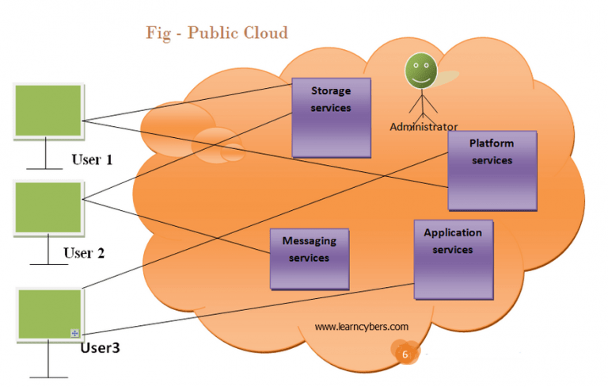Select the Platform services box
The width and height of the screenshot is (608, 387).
point(492,170)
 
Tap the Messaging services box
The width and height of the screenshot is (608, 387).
point(310,259)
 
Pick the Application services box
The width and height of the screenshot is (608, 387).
point(453,259)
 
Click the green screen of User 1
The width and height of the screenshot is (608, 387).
point(48,111)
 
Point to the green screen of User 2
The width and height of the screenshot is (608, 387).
point(48,208)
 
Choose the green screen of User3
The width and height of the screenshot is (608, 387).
point(48,315)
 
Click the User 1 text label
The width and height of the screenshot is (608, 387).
point(92,159)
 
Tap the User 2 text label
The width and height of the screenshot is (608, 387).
point(84,253)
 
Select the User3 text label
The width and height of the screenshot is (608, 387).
point(100,347)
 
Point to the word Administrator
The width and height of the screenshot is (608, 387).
point(424,127)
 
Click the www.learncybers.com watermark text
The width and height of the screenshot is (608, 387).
point(361,326)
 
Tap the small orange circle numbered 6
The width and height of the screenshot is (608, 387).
point(405,354)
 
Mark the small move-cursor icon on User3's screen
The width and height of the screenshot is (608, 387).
point(74,333)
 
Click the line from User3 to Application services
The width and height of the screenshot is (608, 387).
point(237,310)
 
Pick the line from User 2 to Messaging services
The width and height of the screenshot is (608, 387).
point(174,226)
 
